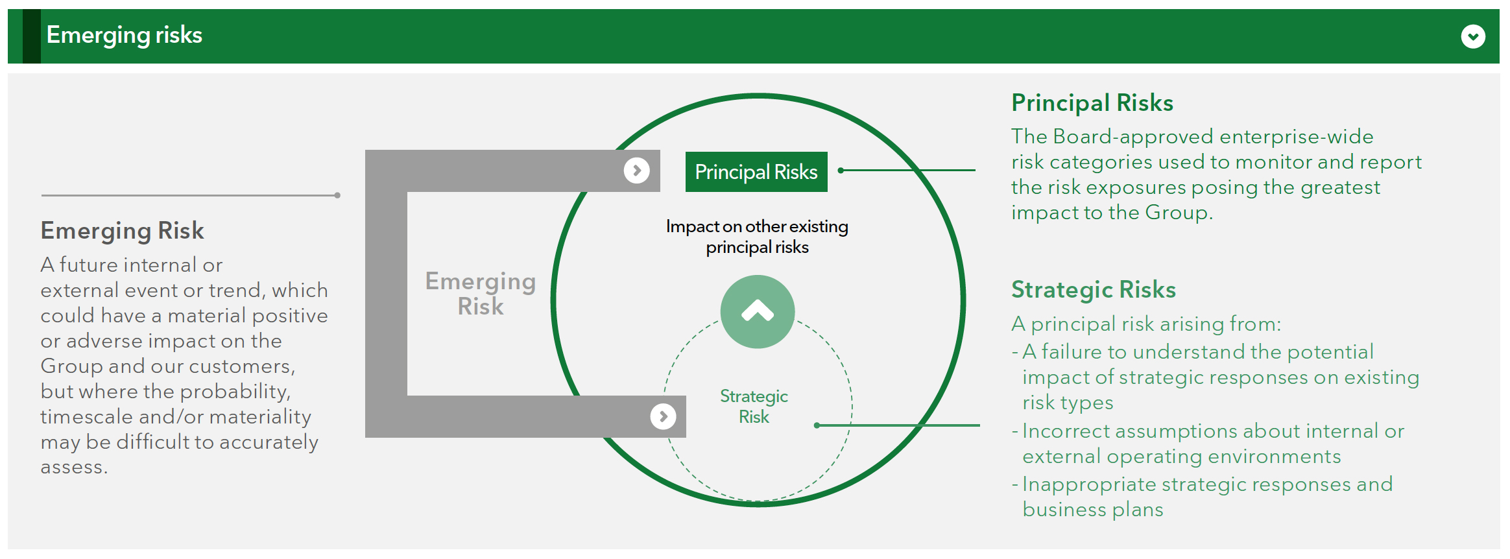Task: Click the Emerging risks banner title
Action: coord(125,36)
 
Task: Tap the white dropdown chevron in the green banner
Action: coord(1473,36)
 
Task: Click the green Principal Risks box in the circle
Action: coord(756,172)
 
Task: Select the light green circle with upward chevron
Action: coord(758,312)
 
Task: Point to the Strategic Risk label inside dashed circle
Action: coord(754,407)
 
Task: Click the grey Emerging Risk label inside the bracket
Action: coord(481,294)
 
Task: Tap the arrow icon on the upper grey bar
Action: coord(637,171)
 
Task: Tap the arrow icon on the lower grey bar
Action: coord(664,416)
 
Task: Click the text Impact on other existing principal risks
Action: coord(757,237)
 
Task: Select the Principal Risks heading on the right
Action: coord(1092,103)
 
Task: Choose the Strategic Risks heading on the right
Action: coord(1094,290)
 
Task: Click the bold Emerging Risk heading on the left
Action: coord(123,231)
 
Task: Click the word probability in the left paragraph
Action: coord(235,392)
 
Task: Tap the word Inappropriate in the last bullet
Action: coord(1089,484)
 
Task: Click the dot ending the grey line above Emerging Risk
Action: coord(337,195)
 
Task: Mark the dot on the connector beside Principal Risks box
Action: coord(841,171)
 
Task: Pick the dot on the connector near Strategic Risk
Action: coord(817,425)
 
